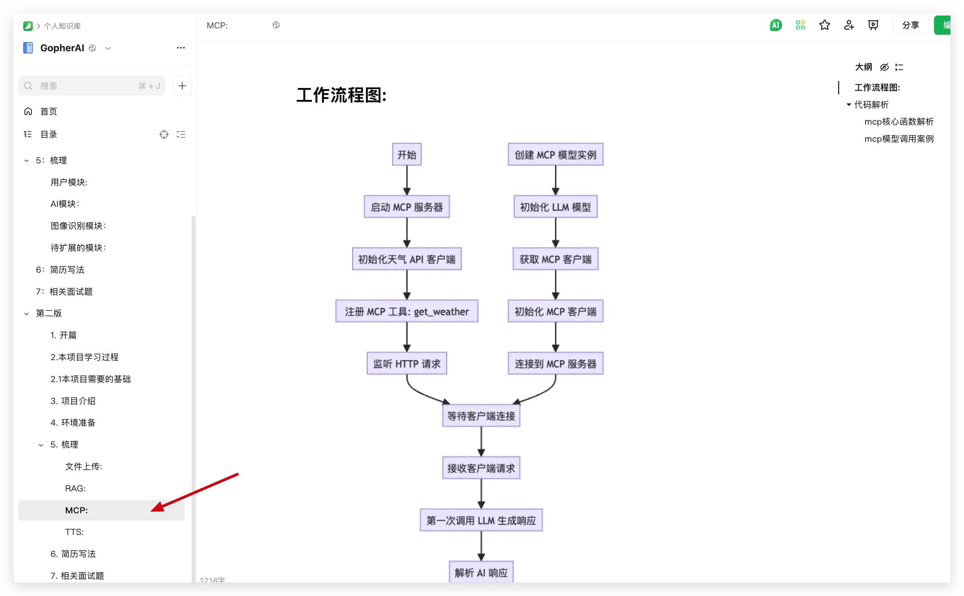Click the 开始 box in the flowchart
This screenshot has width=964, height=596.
click(x=406, y=155)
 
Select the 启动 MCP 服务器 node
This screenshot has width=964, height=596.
click(x=406, y=207)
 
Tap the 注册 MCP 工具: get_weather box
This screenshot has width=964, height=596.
click(x=406, y=311)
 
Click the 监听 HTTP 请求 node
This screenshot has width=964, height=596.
click(x=406, y=363)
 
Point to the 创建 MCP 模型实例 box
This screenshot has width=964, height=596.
click(x=555, y=155)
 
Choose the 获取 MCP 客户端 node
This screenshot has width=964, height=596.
click(x=555, y=259)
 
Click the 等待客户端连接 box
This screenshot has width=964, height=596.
click(x=481, y=416)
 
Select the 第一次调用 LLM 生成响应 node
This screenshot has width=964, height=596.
click(x=481, y=520)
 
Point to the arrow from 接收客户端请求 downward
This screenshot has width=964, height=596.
click(x=481, y=494)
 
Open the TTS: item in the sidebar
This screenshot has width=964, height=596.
click(x=75, y=532)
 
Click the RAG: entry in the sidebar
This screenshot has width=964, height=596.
click(x=75, y=488)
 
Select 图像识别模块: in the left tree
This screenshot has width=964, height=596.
click(x=78, y=225)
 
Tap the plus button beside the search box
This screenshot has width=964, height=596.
click(x=182, y=85)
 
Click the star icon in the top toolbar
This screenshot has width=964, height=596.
click(x=824, y=25)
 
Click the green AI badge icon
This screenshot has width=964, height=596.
click(x=775, y=25)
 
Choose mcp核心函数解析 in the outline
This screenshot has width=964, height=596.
click(x=899, y=121)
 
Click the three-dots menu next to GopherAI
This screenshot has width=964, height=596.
click(x=181, y=48)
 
